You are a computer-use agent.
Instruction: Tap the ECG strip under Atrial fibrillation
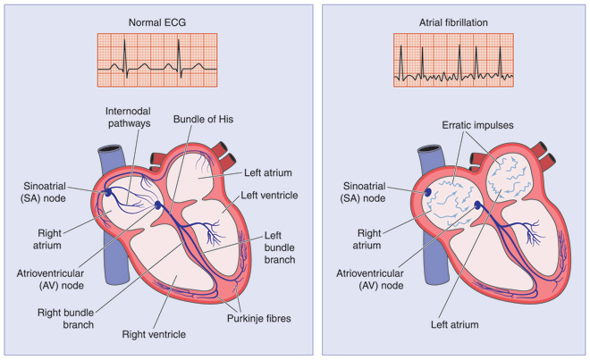click(453, 60)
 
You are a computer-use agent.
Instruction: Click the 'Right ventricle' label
click(155, 334)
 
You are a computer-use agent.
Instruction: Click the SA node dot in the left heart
click(109, 191)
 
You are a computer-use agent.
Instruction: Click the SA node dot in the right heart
click(427, 191)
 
